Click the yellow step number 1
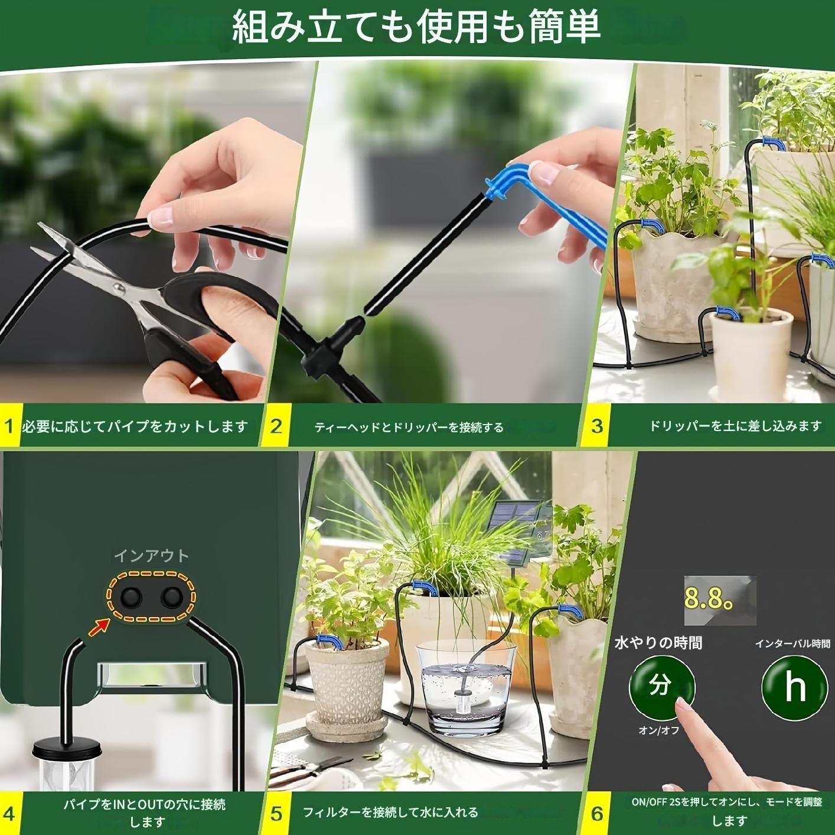point(8,426)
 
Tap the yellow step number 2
point(276,426)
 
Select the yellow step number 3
point(597,426)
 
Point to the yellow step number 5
point(276,814)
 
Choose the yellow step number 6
point(597,814)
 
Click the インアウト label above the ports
point(151,556)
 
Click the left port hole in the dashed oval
point(131,598)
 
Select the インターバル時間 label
point(792,643)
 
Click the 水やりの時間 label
point(658,642)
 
